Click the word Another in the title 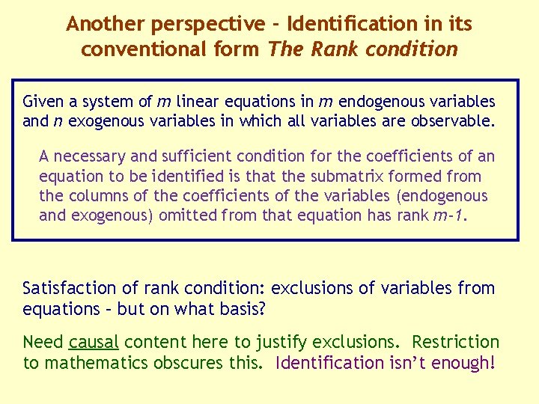point(105,24)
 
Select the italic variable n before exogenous point(56,121)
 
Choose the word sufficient point(196,157)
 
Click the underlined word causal point(94,343)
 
